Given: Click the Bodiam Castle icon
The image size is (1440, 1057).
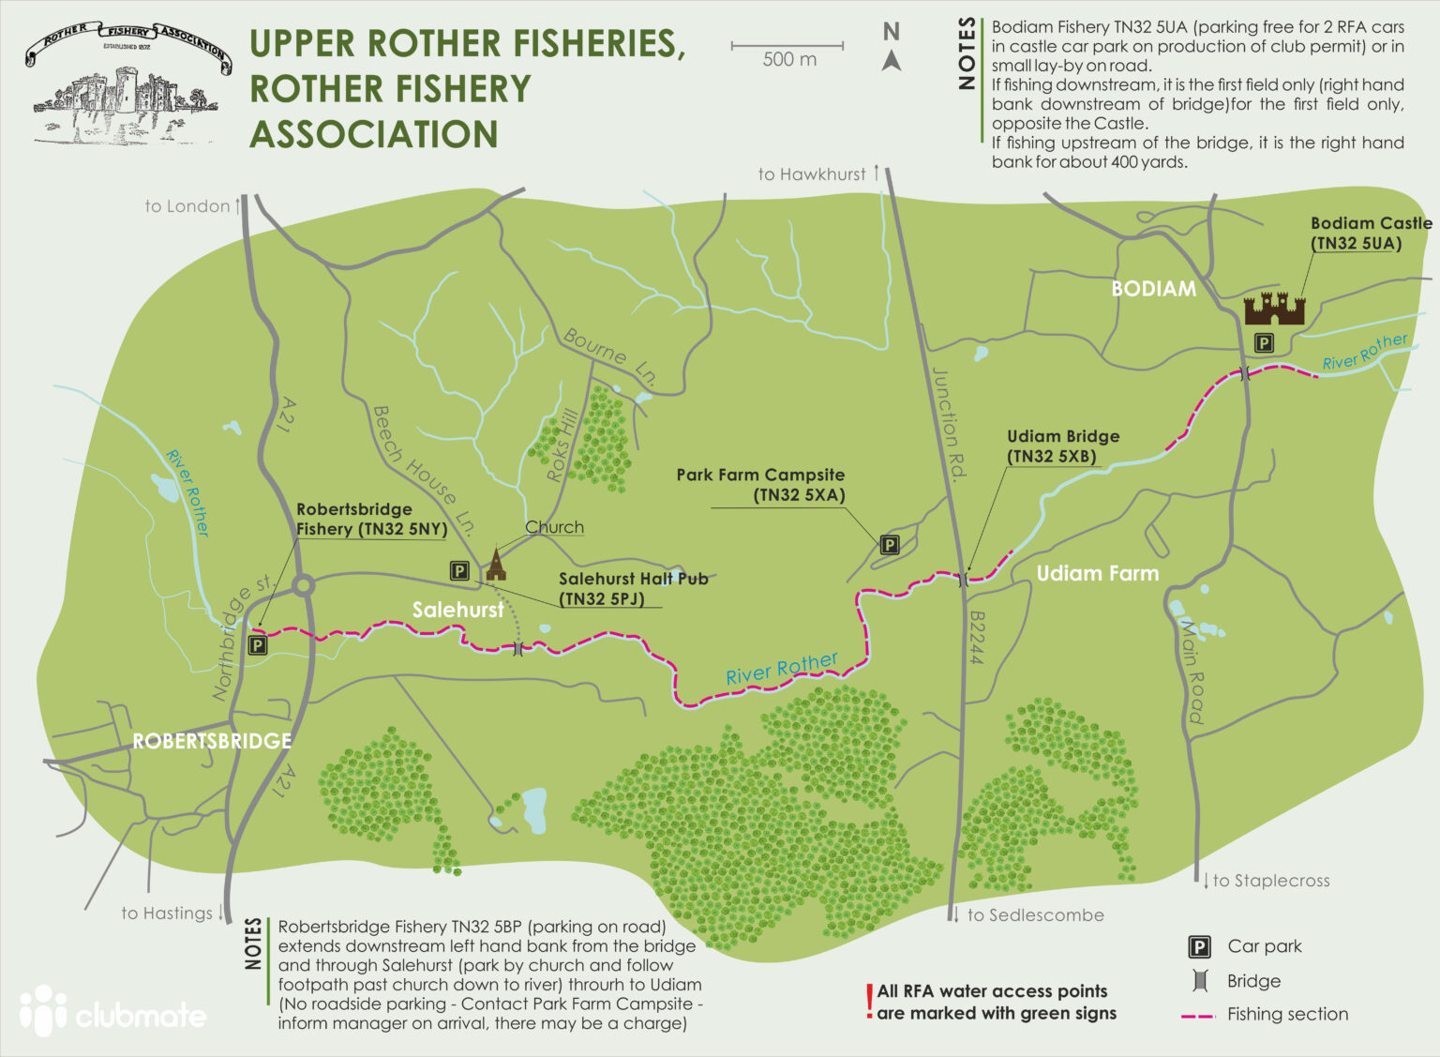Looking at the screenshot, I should (1273, 309).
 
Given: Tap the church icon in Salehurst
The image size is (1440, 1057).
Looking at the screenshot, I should (495, 565).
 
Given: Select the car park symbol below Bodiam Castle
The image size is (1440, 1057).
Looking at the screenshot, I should (1264, 343).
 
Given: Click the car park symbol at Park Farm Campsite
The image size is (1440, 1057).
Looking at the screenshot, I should (889, 544).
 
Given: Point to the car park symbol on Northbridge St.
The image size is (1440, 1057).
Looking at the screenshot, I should (257, 645).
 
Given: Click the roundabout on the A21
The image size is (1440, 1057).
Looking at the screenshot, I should (302, 586).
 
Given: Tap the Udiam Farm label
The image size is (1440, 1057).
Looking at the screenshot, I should (1097, 573).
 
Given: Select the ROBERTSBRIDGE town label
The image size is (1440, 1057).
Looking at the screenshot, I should (212, 741).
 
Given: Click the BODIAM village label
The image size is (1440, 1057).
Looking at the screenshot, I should (1153, 289).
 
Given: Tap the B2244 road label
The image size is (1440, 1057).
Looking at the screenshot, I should (975, 638).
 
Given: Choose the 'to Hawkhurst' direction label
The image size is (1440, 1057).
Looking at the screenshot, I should (812, 174).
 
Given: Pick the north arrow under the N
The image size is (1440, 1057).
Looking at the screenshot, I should (892, 61).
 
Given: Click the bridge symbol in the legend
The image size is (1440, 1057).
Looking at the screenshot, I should (1199, 981).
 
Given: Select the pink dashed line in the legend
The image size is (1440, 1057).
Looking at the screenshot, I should (1199, 1015).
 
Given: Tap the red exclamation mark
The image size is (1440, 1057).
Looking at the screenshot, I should (869, 1002).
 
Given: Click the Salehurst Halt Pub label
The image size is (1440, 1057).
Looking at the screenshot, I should (633, 588).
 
